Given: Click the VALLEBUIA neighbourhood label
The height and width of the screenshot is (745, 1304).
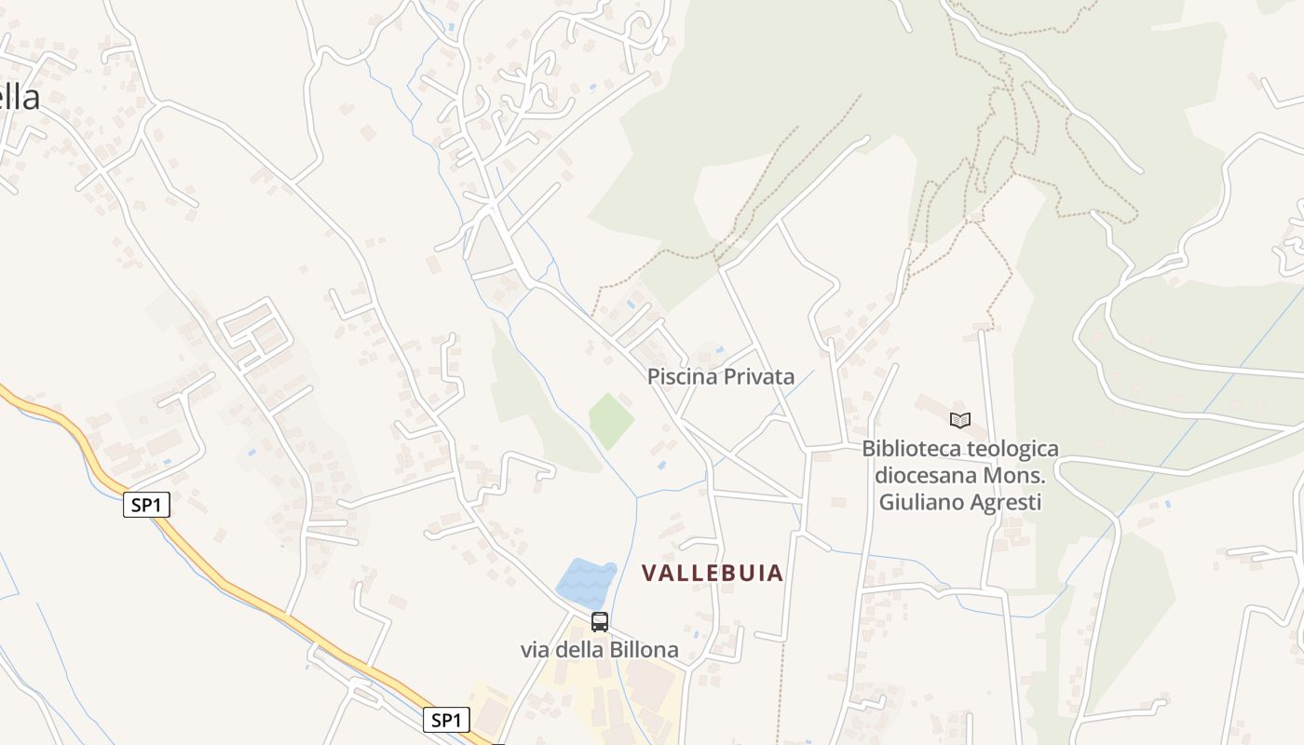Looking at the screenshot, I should [x=713, y=573].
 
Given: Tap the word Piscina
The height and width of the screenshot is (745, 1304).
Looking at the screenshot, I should [x=682, y=377].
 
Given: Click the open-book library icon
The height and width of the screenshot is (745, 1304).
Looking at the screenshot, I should [x=959, y=420].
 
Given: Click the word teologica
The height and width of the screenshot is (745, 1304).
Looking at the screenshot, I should [x=1013, y=449].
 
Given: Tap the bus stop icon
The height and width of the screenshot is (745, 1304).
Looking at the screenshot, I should [x=600, y=621].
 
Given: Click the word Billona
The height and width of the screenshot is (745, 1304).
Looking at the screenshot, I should [x=644, y=649].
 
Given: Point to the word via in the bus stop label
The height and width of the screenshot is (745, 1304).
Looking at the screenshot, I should [x=535, y=649].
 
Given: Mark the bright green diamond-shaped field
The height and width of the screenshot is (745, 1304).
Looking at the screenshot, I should [x=611, y=420].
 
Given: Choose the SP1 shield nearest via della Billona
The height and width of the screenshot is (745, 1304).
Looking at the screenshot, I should [x=446, y=719].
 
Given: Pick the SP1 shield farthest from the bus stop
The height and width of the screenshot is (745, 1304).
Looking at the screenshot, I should [x=146, y=505].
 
